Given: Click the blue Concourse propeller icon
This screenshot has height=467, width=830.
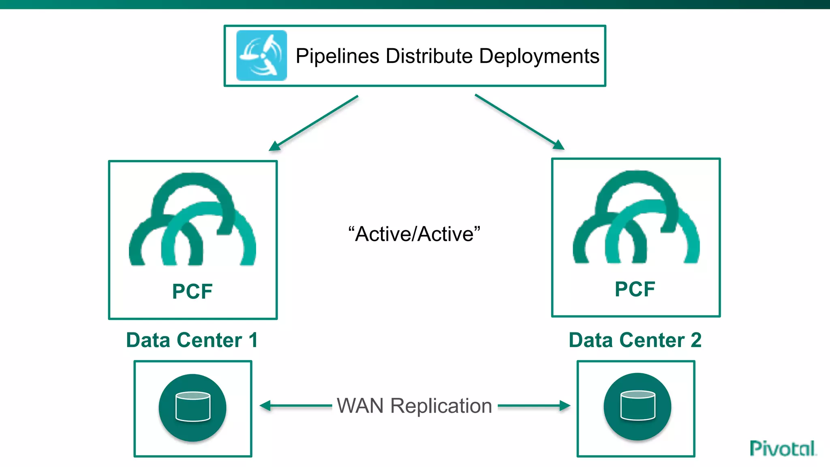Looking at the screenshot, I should [x=261, y=56].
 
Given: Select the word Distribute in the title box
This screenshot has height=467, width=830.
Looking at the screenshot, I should [x=429, y=56].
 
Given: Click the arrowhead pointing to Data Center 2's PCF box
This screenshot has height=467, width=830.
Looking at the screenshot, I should [x=559, y=145].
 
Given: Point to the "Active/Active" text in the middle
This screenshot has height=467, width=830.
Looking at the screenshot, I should [x=414, y=234].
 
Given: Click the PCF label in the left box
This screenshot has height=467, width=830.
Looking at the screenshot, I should [x=192, y=291].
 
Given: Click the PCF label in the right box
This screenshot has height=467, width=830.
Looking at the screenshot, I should [x=635, y=289].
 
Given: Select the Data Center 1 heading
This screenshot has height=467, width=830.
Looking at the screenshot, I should [x=192, y=340].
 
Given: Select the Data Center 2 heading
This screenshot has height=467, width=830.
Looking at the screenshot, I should [x=635, y=340].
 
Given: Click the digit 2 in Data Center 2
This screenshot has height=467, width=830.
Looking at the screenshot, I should [x=696, y=340].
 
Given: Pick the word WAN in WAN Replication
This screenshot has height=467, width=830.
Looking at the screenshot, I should [x=360, y=406].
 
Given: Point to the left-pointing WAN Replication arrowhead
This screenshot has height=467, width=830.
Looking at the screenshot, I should [x=265, y=405].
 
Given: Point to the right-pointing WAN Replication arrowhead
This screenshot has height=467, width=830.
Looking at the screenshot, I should [x=565, y=405].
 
